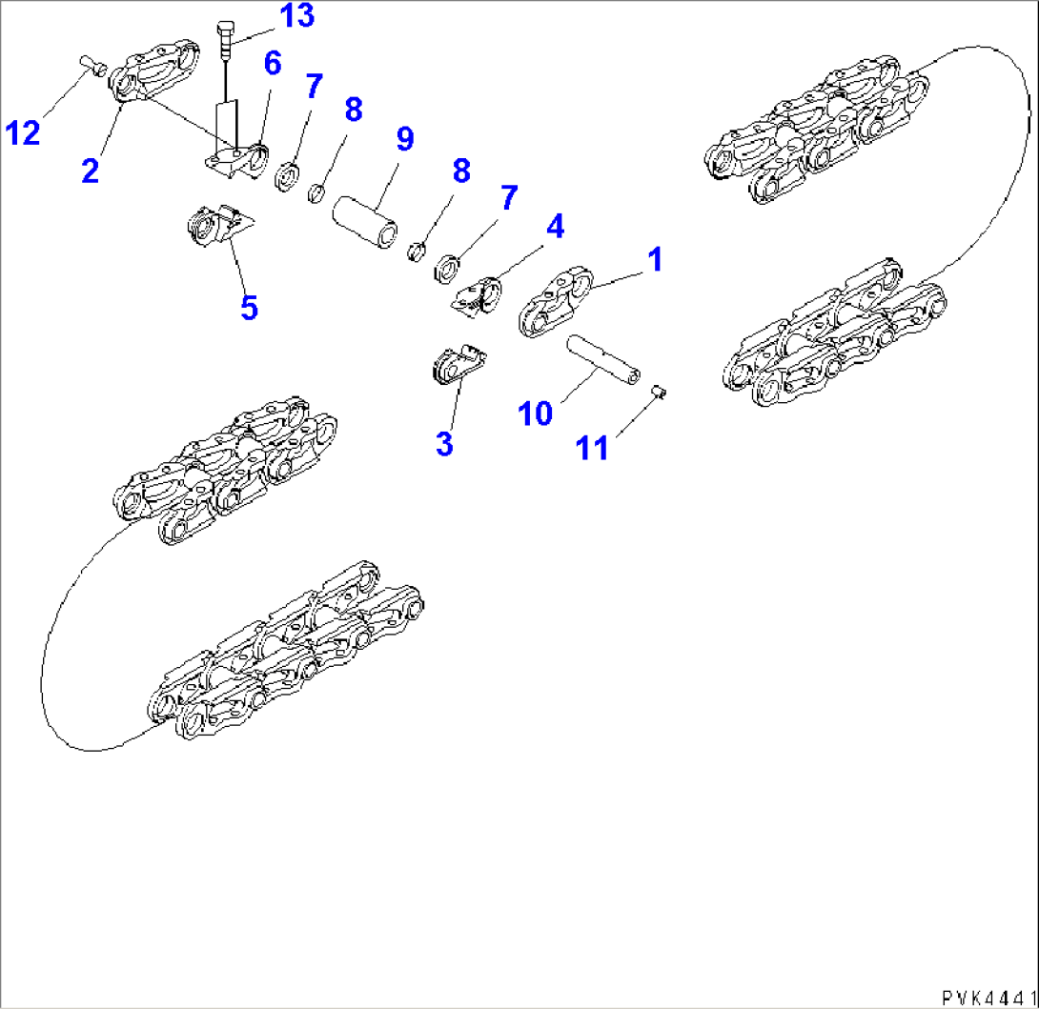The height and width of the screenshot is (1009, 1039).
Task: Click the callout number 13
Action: (296, 17)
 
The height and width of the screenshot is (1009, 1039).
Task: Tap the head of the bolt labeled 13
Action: (226, 29)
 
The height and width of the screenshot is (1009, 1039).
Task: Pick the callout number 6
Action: (272, 64)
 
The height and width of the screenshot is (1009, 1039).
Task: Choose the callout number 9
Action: (404, 139)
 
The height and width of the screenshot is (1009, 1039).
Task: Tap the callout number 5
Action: (249, 307)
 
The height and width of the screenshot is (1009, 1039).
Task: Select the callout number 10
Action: (535, 413)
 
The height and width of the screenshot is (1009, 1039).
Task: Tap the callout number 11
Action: (594, 447)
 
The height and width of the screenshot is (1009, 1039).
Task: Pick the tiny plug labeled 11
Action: (657, 390)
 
